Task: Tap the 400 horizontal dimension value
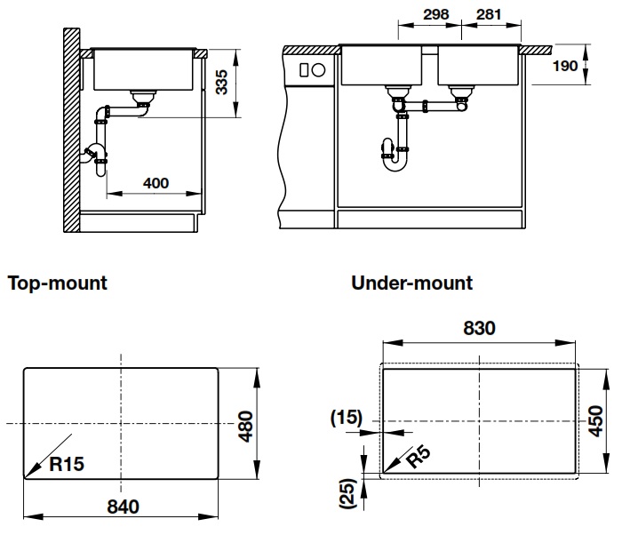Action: tap(155, 183)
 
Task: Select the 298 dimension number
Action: tap(436, 14)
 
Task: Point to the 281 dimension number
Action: tap(490, 14)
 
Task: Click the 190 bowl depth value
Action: tap(565, 67)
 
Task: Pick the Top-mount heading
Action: tap(58, 283)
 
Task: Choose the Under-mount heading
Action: tap(412, 283)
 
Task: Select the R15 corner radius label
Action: tap(68, 464)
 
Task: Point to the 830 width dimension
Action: tap(479, 327)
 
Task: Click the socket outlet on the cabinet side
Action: tap(313, 69)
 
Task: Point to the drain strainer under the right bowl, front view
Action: tap(460, 90)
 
